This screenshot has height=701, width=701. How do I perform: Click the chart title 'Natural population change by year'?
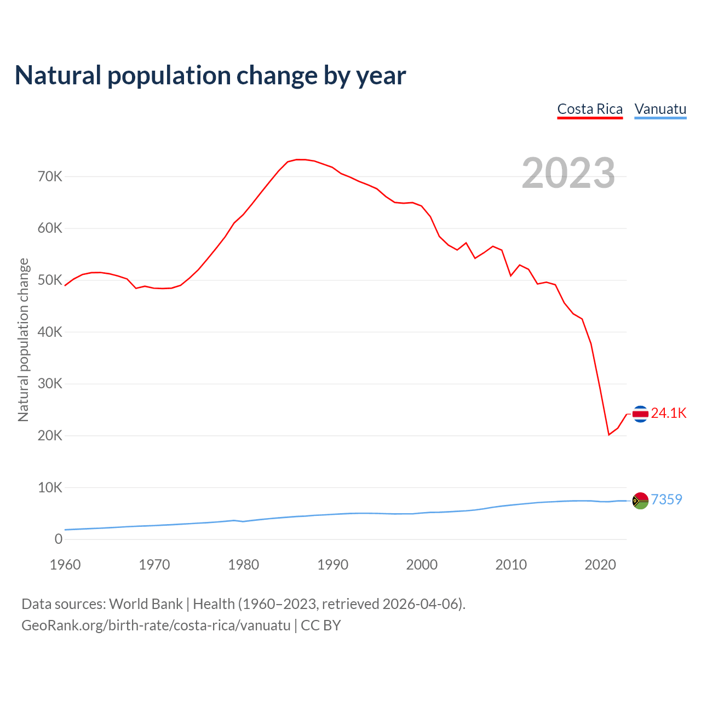(210, 76)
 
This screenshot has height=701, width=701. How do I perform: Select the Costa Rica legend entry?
(590, 109)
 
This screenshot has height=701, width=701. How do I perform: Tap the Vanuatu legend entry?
(660, 109)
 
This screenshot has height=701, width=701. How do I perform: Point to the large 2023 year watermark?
(568, 173)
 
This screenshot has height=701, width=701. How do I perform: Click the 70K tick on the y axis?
(50, 176)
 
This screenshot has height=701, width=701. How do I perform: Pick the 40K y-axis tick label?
(50, 332)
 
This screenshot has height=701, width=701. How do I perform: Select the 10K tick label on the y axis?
(50, 487)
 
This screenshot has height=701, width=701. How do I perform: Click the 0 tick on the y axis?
(59, 539)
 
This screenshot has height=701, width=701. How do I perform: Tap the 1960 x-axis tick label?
(65, 564)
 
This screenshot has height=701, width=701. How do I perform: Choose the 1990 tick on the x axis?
(332, 564)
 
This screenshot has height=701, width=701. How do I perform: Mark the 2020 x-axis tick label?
(600, 564)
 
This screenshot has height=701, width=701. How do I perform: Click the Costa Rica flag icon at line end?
(640, 414)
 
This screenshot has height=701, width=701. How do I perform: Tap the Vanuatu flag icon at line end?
(640, 500)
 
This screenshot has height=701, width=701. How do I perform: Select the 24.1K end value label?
(669, 413)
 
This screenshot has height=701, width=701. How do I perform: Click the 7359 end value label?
(666, 499)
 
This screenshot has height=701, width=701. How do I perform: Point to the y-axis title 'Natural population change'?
(23, 340)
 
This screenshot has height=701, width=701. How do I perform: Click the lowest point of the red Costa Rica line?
(608, 435)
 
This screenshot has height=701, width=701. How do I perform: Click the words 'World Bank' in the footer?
(146, 604)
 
